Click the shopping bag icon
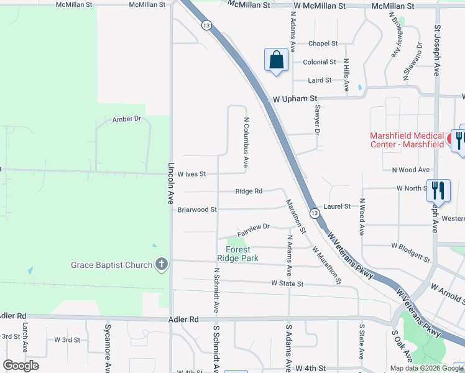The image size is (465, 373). pos(276,60)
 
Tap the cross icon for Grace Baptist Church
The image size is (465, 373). pos(162,265)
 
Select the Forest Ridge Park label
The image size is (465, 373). pos(234,254)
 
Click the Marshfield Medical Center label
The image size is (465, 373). pos(407,140)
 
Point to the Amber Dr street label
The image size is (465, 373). pos(127,119)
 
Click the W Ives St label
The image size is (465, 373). pos(191,174)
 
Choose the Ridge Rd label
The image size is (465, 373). pos(249,191)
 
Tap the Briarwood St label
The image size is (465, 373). pos(197,210)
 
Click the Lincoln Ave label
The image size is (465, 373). pos(171,184)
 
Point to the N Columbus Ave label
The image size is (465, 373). pos(246,143)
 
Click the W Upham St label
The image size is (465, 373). pos(295,98)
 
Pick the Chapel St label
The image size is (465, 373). pos(323,44)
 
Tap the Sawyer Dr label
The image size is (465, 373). pos(317,119)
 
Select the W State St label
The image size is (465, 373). pos(287,283)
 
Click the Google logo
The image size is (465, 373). pos(21,365)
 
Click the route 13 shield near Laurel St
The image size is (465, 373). pos(315,214)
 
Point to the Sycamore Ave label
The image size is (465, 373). pos(108,338)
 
